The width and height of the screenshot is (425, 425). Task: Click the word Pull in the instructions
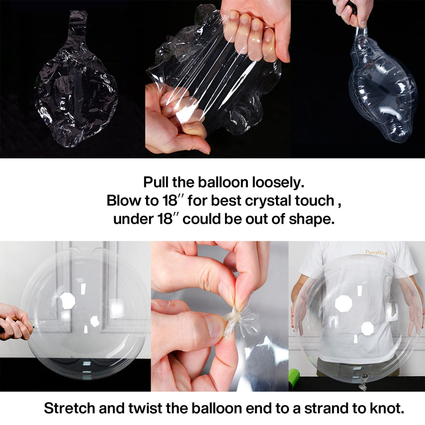point(155,182)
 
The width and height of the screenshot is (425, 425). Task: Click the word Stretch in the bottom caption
point(69,408)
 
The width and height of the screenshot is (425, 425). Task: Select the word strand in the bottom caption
point(327,408)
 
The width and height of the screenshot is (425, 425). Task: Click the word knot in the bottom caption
point(387,408)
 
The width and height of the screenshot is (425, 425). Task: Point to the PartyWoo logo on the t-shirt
point(376,253)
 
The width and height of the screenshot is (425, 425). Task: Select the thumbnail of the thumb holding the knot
point(215,326)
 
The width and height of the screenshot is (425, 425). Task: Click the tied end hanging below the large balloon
point(363,383)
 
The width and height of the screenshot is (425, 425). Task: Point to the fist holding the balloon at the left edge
point(15,322)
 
